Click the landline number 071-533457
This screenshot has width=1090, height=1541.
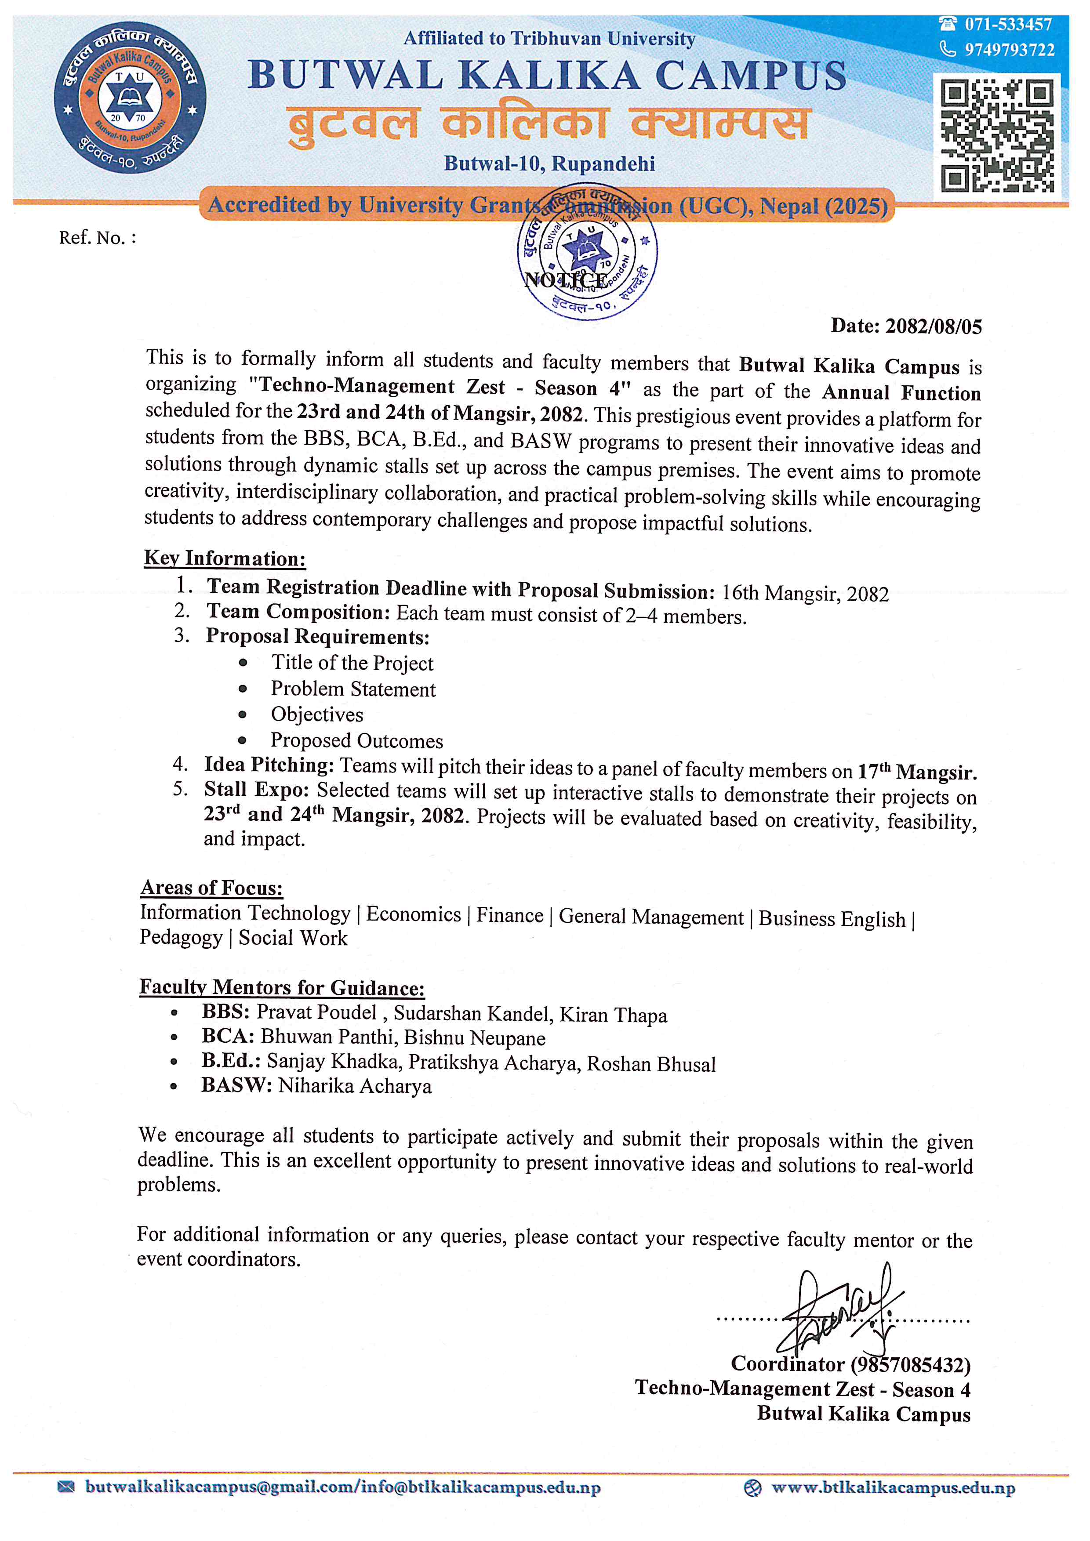point(1008,25)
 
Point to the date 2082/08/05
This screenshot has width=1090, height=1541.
point(933,326)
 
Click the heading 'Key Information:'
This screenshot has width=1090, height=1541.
point(225,558)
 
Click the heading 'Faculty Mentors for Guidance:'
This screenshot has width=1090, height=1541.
point(282,987)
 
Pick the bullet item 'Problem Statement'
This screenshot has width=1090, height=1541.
point(353,689)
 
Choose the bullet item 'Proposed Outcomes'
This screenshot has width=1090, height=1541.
point(356,741)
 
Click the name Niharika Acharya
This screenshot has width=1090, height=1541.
point(354,1086)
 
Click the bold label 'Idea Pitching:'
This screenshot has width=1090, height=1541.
point(269,765)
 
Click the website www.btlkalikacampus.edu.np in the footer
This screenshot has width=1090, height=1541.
point(893,1488)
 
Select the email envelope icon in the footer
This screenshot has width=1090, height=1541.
point(66,1487)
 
